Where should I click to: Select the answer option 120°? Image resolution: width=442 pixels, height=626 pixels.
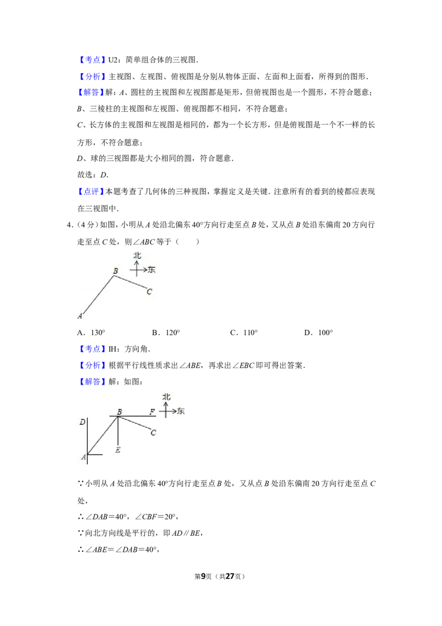coord(166,332)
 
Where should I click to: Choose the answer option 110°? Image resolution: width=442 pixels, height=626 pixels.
coord(244,332)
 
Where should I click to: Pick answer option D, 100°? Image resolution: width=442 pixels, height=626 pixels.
coord(319,332)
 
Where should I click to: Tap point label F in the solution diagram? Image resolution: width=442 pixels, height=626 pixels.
coord(152,411)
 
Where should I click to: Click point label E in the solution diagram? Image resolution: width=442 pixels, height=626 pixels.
coord(118,450)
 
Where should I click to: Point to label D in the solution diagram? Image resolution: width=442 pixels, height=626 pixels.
coord(82,421)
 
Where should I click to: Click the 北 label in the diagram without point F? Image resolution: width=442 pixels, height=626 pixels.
coord(137,255)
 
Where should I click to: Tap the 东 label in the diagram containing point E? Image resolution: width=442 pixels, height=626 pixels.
coord(181,411)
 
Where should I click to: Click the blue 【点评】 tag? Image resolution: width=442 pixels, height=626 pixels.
coord(91,192)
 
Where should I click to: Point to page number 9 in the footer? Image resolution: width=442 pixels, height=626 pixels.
coord(203,576)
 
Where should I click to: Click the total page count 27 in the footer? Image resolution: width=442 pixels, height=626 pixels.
coord(230,576)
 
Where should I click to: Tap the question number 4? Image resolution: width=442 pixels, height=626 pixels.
coord(70,225)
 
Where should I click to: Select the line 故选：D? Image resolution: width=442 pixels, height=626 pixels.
coord(93,175)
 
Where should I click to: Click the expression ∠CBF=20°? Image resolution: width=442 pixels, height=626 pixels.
coord(156,517)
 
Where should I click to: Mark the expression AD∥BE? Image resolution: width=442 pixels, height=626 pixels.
coord(187,533)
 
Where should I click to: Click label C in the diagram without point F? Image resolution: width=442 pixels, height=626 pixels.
coord(149,291)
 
